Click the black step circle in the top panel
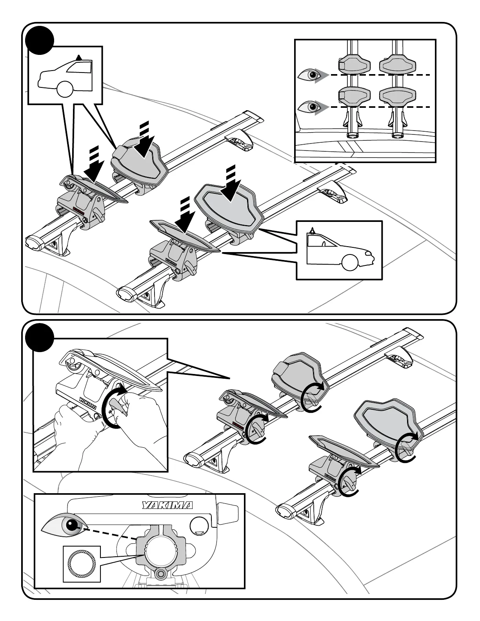pyautogui.click(x=39, y=39)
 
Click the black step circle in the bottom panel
pyautogui.click(x=39, y=337)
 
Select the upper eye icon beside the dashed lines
pyautogui.click(x=309, y=74)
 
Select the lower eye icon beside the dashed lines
pyautogui.click(x=309, y=107)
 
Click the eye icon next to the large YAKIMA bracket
pyautogui.click(x=64, y=525)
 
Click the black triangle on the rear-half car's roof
pyautogui.click(x=80, y=57)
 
